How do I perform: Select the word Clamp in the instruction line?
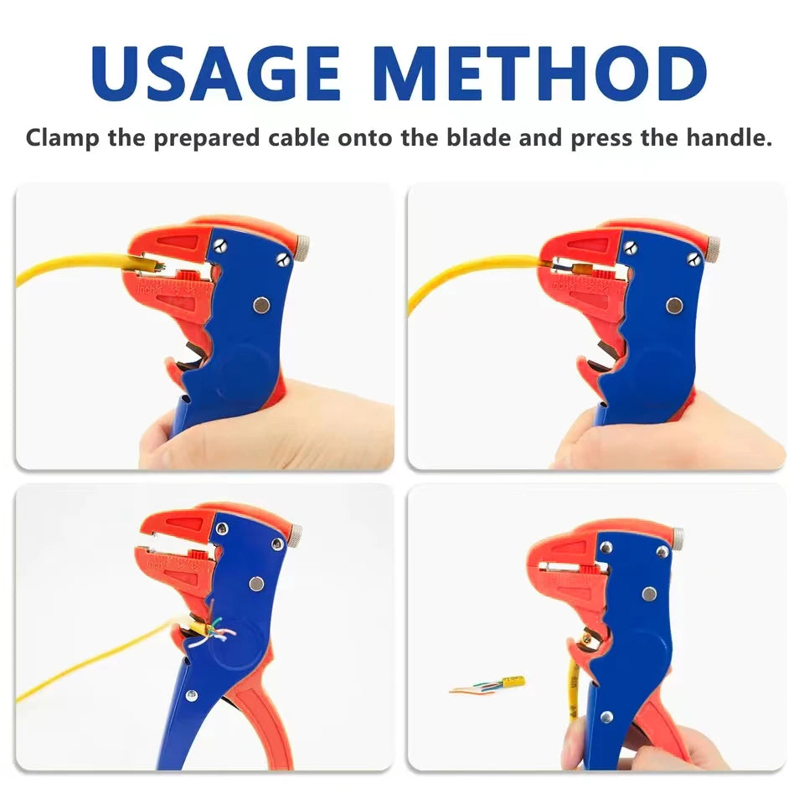(x=63, y=138)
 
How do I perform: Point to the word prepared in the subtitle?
(x=206, y=138)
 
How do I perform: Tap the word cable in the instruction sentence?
(x=298, y=138)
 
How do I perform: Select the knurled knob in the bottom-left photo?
(x=296, y=532)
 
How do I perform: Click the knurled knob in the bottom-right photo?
(x=678, y=534)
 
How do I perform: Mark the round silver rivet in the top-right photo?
(x=673, y=306)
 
